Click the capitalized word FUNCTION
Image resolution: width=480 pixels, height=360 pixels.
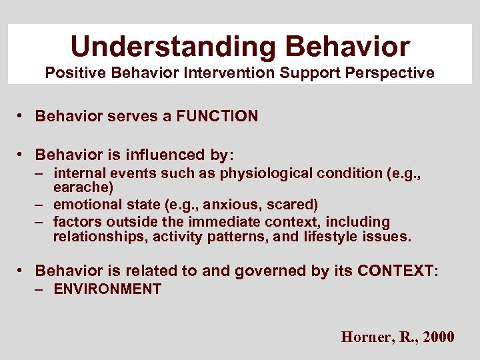(217, 117)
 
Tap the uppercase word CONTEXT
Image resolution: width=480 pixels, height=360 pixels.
(395, 271)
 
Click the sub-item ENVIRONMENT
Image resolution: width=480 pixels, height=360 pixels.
(107, 289)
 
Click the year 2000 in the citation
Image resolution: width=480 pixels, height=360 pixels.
(439, 337)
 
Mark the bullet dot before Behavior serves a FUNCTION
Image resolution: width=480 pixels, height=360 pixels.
(22, 117)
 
